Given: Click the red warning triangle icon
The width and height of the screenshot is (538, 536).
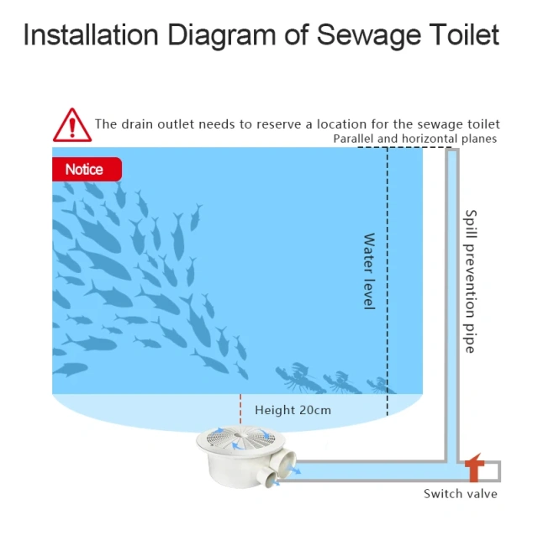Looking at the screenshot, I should [72, 125].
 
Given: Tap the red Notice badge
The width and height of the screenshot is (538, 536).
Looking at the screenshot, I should [85, 169].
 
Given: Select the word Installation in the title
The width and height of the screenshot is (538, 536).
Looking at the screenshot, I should [90, 34].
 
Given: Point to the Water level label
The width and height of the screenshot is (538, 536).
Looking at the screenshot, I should [368, 271].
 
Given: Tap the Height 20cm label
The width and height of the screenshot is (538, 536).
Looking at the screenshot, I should [293, 410].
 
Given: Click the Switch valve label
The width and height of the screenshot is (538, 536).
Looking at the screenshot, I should [460, 493].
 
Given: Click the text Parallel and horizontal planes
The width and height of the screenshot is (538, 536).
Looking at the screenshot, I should [414, 139].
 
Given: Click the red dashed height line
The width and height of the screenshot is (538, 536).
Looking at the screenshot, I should [240, 408].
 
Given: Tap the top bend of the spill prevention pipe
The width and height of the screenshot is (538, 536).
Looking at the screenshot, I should [451, 152].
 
